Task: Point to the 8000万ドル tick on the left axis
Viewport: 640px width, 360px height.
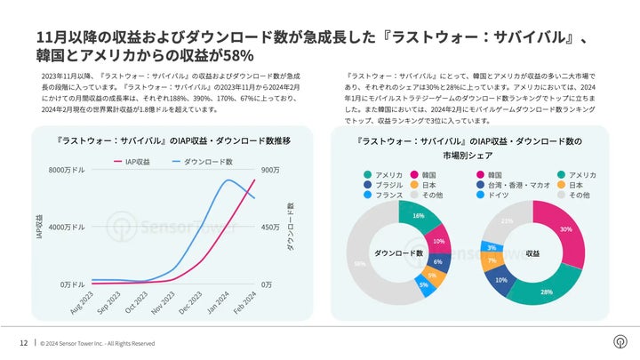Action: click(x=67, y=170)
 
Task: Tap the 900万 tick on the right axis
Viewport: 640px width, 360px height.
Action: click(x=270, y=170)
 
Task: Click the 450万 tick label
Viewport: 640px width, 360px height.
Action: click(x=271, y=228)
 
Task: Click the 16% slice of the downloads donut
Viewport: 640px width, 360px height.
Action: click(x=416, y=217)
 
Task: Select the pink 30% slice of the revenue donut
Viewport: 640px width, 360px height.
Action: click(x=565, y=230)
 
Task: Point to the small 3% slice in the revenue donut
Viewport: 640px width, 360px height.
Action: click(x=492, y=247)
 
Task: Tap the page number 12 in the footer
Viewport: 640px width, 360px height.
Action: click(x=23, y=343)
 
